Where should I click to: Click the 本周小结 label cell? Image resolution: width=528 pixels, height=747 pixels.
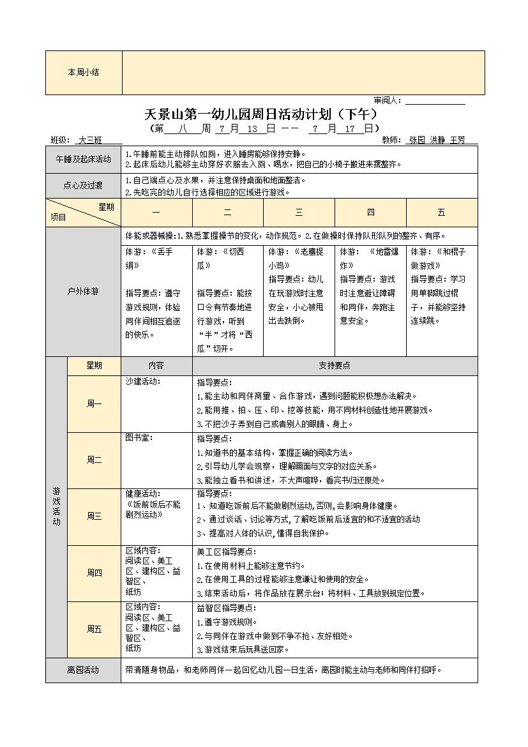pos(83,73)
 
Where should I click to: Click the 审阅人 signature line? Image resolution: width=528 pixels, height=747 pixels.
pos(435,101)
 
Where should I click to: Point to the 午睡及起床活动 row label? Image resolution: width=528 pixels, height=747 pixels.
pos(83,159)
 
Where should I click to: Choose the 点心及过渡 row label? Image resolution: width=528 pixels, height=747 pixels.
pos(83,186)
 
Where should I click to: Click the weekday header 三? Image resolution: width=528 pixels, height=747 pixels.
pos(299,213)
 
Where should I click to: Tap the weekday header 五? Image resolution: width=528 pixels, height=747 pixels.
pos(441,213)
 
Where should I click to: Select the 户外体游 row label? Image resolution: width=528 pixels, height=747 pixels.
pos(83,292)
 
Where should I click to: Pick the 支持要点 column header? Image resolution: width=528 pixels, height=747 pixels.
pos(335,366)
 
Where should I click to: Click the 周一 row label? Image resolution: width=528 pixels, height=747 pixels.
pos(94,404)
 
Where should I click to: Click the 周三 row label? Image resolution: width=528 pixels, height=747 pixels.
pos(94,517)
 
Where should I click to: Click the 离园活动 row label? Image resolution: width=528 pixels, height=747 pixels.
pos(83,670)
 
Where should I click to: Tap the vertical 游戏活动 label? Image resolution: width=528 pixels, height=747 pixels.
pos(56,507)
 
